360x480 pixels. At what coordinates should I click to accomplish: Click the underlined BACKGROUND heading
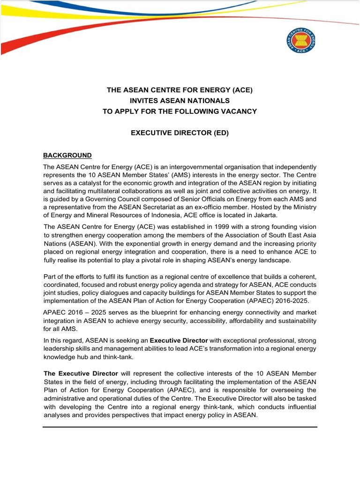(67, 155)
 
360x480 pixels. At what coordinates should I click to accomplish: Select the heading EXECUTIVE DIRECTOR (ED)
(180, 133)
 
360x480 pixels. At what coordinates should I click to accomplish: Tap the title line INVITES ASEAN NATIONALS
(180, 101)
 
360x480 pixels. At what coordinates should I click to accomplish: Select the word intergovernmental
(193, 167)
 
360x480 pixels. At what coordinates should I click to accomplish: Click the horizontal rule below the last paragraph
(180, 427)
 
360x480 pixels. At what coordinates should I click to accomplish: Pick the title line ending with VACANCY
(180, 111)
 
